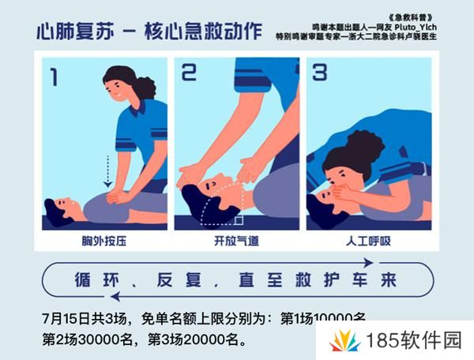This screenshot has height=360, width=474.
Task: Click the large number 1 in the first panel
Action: pos(54,77)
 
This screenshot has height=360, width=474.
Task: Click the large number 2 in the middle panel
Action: pos(190,73)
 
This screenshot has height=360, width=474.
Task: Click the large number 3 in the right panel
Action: pos(319,73)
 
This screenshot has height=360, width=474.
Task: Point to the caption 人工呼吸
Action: pos(368,240)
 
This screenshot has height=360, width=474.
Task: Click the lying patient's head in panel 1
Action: pos(58,208)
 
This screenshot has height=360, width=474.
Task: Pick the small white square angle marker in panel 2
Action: pos(239,220)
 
